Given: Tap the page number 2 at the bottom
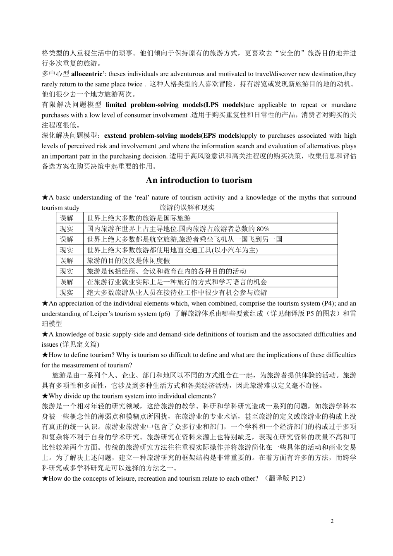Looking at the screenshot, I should [332, 521].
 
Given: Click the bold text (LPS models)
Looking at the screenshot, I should [225, 105].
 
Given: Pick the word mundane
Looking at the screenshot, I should [343, 105].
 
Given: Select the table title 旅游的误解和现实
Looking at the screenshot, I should [187, 208].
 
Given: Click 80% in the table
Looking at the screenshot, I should [263, 229].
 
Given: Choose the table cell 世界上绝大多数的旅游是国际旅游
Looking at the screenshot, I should [139, 218].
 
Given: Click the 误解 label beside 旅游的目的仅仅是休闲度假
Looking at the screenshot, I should [67, 261].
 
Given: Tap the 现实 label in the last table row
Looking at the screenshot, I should [67, 292].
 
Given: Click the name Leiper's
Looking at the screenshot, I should [94, 314].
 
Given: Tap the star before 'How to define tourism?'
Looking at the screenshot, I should [45, 355].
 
